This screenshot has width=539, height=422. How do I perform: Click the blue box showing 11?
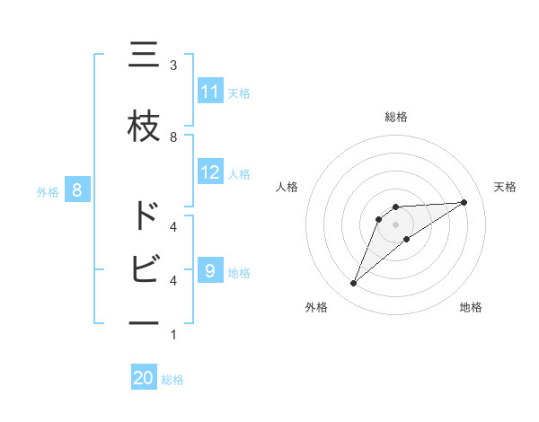[x=210, y=91]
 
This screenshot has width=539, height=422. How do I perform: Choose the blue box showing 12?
[x=210, y=172]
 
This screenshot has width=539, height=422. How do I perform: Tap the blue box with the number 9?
[x=210, y=270]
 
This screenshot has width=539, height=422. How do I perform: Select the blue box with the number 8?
[x=77, y=189]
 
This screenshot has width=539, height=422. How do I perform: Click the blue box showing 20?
[x=144, y=378]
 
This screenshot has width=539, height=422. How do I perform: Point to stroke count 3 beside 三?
[x=173, y=65]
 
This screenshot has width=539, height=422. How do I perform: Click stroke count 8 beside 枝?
[x=173, y=136]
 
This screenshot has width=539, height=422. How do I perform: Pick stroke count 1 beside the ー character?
[x=173, y=335]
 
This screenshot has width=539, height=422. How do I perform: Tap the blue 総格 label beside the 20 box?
[x=172, y=380]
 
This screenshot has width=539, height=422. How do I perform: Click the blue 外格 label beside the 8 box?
[x=47, y=190]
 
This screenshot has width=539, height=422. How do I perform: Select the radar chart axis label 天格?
[x=505, y=187]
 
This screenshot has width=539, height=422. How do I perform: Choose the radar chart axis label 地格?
[x=471, y=307]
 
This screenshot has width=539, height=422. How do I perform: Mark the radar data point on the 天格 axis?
[x=464, y=202]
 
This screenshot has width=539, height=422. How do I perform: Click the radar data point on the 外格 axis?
[x=353, y=284]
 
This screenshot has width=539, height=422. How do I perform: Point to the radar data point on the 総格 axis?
[x=395, y=207]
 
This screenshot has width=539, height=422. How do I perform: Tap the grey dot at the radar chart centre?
[x=395, y=224]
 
